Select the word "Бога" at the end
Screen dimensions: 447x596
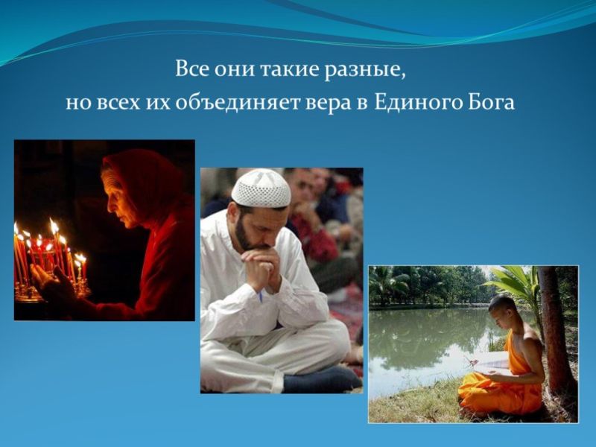pyautogui.click(x=489, y=102)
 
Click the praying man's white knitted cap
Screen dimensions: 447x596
pyautogui.click(x=260, y=188)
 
